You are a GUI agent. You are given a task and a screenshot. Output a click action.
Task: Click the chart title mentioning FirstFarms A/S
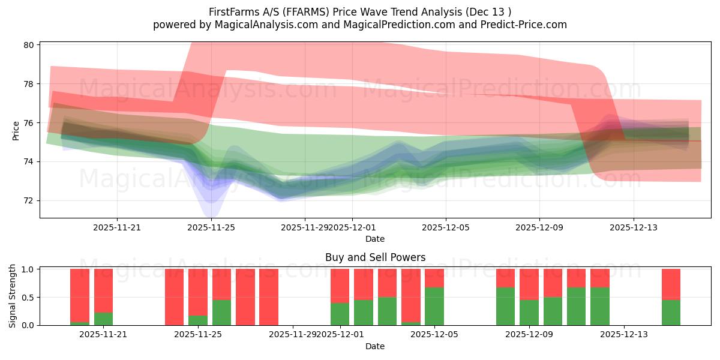point(359,11)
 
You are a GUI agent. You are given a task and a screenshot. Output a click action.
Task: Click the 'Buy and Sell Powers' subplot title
point(375,257)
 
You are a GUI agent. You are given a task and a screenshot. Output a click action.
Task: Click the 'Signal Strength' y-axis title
point(13,297)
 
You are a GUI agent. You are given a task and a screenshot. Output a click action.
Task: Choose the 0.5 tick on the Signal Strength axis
point(28,298)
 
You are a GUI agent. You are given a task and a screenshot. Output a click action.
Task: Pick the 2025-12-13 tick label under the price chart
point(633,227)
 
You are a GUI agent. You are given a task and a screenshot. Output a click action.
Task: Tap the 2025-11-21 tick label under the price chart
point(117,227)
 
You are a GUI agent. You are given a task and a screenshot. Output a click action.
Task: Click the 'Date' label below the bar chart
point(375,346)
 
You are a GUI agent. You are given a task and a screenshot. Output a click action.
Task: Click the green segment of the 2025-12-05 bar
point(434,307)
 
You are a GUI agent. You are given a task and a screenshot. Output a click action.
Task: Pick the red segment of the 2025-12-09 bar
point(529,284)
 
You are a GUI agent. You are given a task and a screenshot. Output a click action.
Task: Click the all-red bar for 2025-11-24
point(175,297)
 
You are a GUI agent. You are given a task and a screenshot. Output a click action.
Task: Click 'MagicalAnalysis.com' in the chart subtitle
point(260,25)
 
